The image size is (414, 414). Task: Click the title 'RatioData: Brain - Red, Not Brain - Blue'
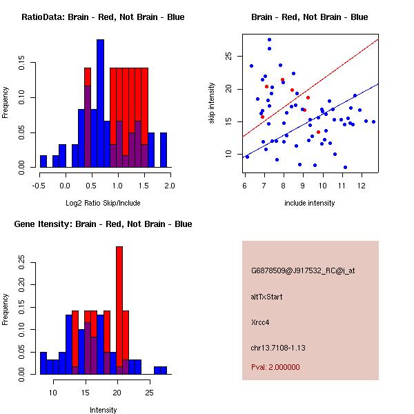pyautogui.click(x=103, y=17)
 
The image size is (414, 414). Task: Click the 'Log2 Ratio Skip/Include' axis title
pyautogui.click(x=103, y=203)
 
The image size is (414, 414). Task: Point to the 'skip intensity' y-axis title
pyautogui.click(x=213, y=103)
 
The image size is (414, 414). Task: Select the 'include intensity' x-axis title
pyautogui.click(x=310, y=203)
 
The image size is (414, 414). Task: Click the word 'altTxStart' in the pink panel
pyautogui.click(x=266, y=297)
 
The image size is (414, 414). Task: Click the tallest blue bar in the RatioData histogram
pyautogui.click(x=100, y=103)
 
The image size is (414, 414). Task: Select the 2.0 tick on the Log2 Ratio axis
pyautogui.click(x=170, y=185)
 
